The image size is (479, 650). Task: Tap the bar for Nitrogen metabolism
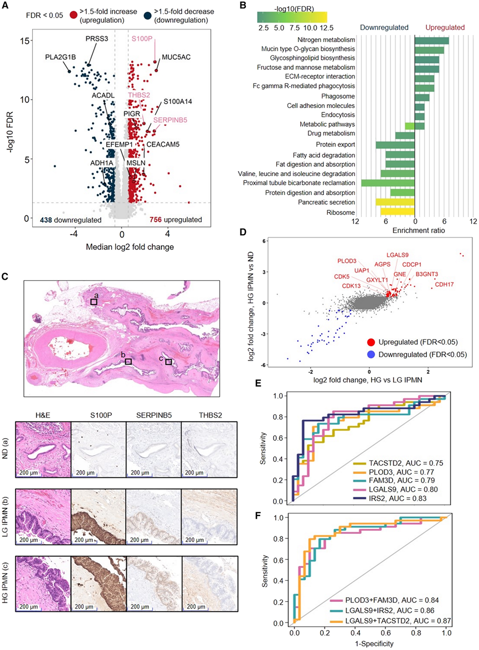[x=431, y=40]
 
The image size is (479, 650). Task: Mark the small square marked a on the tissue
[x=94, y=302]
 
